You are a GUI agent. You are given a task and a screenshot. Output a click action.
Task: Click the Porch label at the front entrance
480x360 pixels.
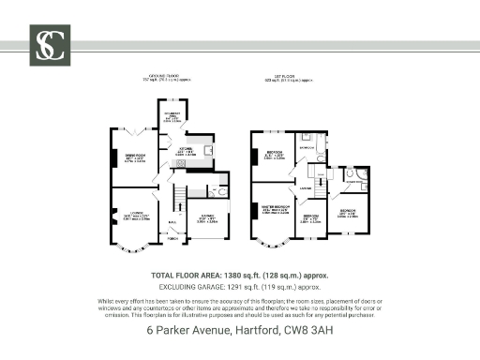172,239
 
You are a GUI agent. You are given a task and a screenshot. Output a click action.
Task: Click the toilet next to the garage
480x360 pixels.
222,190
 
